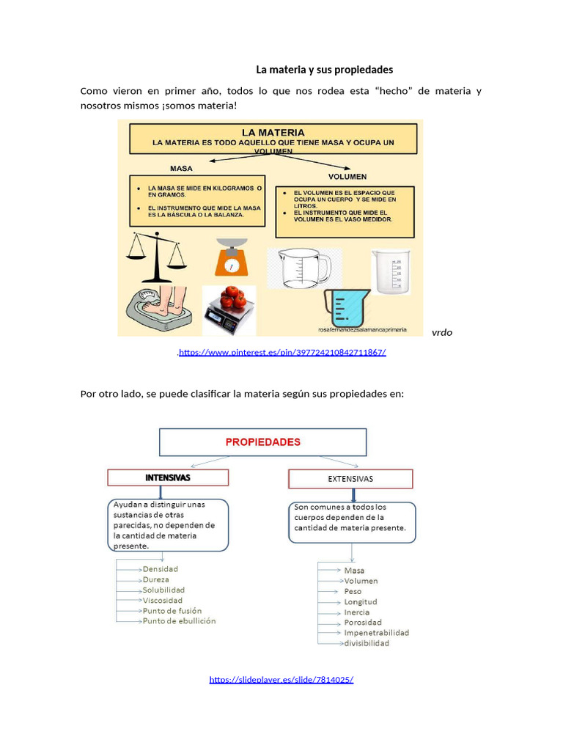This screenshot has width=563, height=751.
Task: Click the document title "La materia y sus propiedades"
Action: click(x=324, y=70)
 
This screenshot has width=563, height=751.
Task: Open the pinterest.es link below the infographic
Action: click(x=281, y=352)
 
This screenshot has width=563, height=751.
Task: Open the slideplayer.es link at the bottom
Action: click(x=281, y=679)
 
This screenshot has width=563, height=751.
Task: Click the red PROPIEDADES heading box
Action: click(x=262, y=442)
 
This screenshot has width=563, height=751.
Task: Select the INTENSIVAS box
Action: click(x=168, y=477)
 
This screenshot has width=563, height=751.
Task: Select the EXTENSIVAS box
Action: click(x=350, y=479)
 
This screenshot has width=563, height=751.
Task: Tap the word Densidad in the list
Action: click(x=160, y=568)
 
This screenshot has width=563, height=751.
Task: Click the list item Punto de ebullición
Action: click(x=179, y=620)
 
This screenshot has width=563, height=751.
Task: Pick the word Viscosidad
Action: click(x=163, y=600)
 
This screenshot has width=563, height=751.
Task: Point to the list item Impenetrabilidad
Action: click(x=376, y=632)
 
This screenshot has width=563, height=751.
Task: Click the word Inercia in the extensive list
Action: click(x=356, y=612)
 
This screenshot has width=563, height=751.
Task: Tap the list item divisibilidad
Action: click(x=367, y=643)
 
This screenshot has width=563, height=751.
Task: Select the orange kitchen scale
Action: click(x=231, y=258)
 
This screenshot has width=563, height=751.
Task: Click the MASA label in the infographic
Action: click(x=181, y=168)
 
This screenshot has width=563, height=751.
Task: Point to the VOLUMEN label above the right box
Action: click(x=347, y=177)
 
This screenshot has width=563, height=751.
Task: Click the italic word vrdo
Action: click(x=442, y=332)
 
